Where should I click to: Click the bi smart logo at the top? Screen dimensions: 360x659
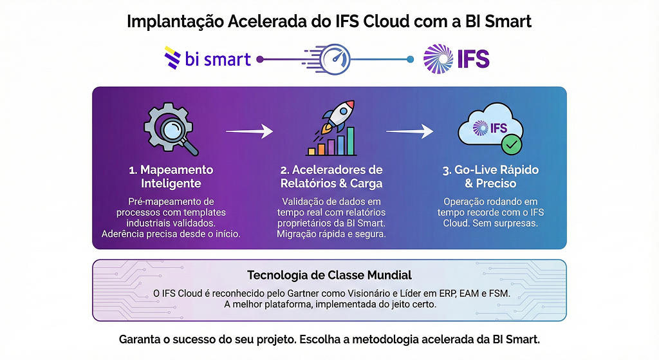point(207,59)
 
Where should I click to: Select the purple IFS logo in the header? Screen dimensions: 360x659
point(456,59)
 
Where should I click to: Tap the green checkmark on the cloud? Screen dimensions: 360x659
point(512,145)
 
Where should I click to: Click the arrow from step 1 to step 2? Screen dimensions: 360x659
point(249,131)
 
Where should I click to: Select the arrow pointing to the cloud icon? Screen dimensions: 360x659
point(409,131)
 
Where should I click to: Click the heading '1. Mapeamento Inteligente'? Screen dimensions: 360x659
point(171,176)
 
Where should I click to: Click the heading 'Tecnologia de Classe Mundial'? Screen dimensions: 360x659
point(329,275)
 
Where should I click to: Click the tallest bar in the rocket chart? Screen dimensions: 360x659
point(351,141)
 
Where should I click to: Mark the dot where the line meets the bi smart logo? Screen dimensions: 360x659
point(259,59)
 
